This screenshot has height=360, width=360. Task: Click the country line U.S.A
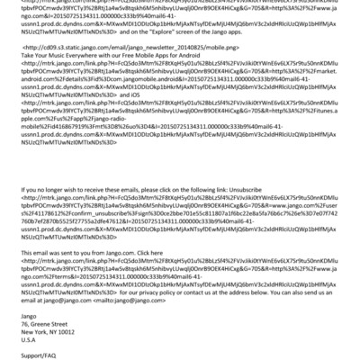pyautogui.click(x=29, y=341)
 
